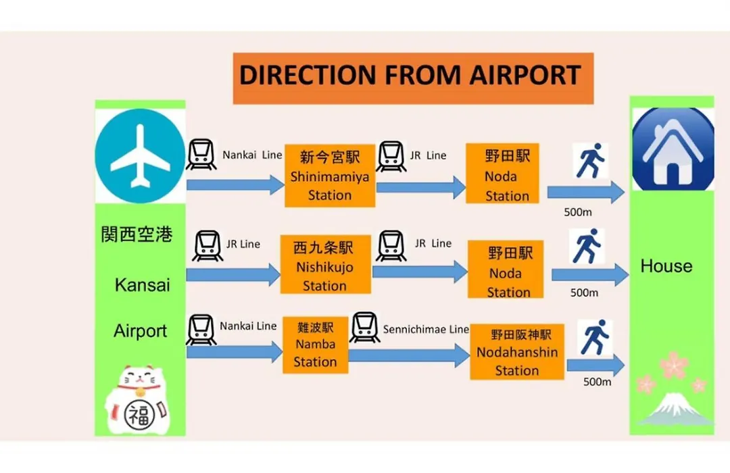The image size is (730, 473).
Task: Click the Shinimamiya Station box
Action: point(330,176)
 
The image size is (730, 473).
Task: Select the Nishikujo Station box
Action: point(325,264)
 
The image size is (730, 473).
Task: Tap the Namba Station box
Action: point(315,345)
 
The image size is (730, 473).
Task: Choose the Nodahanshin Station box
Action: point(517,352)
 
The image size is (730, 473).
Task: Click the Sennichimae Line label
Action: point(426,329)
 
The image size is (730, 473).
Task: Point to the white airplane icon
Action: point(140,156)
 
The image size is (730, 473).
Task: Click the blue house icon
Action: point(673,149)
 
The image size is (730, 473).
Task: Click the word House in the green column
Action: point(666,266)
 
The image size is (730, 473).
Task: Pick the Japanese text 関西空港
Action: point(137,234)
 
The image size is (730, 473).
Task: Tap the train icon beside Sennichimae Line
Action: point(364,327)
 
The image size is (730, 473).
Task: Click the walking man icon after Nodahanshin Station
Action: point(595,338)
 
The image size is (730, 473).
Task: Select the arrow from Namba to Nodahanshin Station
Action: point(409,355)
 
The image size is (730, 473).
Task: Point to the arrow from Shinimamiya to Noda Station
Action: point(421,187)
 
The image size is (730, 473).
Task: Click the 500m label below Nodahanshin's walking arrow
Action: point(597,382)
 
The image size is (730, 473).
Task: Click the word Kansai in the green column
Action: point(142,285)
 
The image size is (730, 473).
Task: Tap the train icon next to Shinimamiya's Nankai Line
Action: point(201,154)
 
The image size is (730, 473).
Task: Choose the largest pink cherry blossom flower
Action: point(674,365)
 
